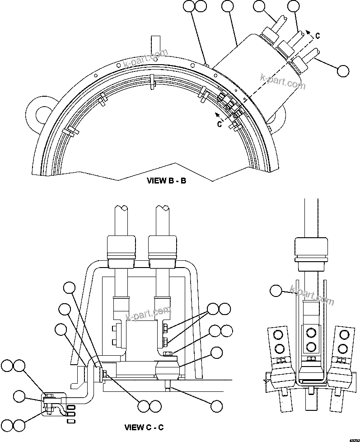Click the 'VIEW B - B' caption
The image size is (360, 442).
pyautogui.click(x=167, y=181)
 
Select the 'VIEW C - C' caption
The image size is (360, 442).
pyautogui.click(x=144, y=426)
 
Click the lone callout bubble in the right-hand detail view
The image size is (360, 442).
pyautogui.click(x=276, y=291)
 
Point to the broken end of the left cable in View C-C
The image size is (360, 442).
pyautogui.click(x=121, y=209)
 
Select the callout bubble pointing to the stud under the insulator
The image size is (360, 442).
pyautogui.click(x=217, y=405)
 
